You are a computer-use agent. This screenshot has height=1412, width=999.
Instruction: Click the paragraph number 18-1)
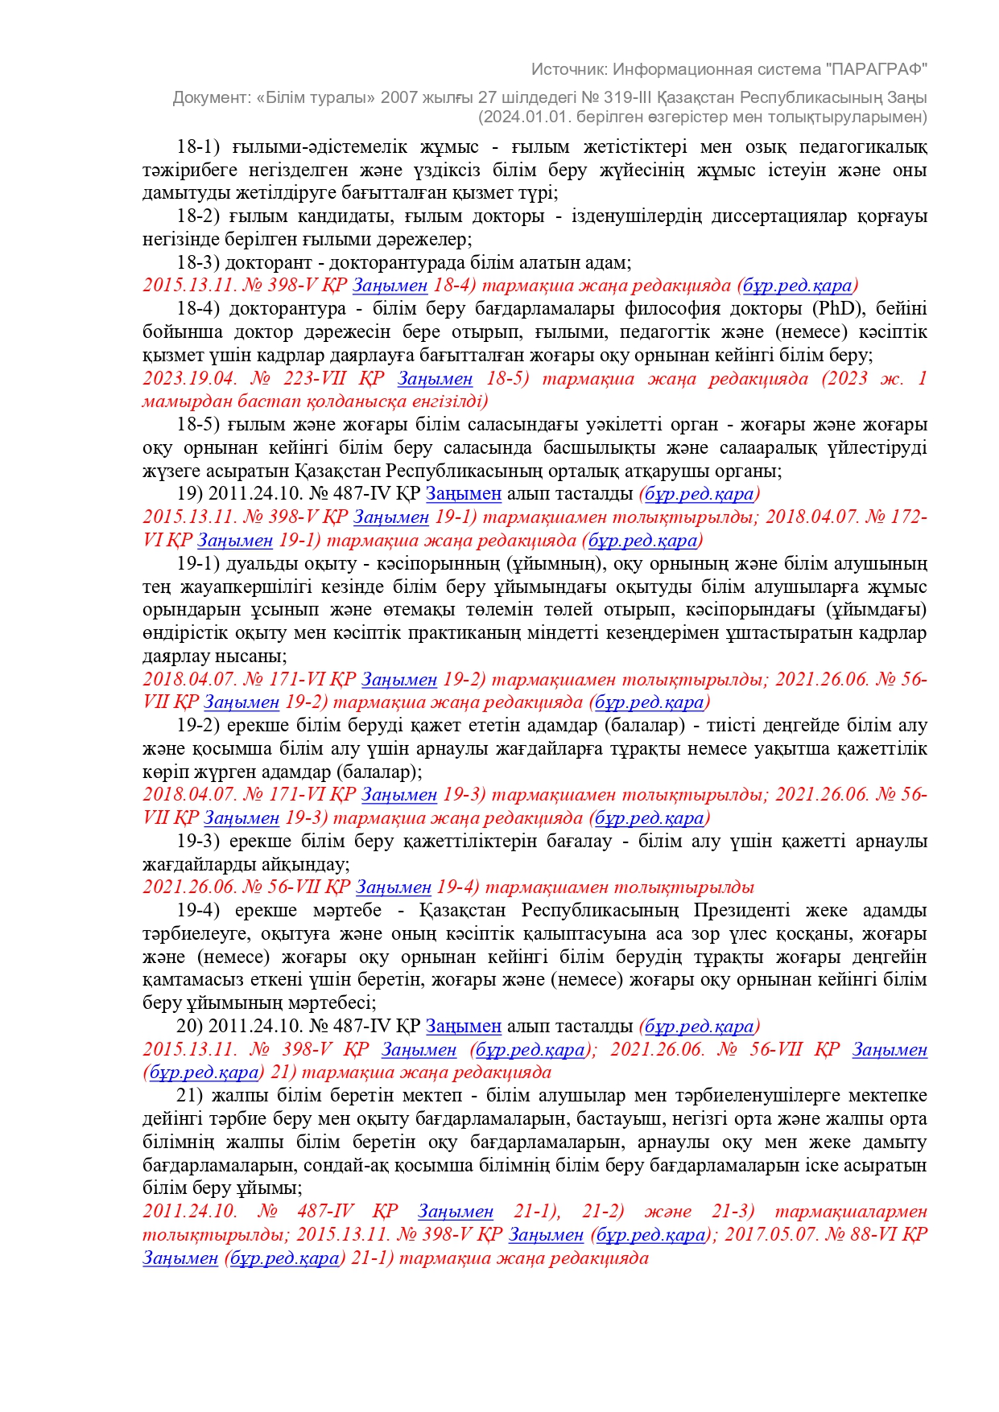click(198, 147)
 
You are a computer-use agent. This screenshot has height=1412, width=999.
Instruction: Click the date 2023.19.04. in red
click(189, 379)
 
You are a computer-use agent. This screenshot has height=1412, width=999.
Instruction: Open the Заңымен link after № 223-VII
click(435, 379)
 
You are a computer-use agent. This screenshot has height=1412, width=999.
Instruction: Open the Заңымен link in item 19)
click(463, 494)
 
